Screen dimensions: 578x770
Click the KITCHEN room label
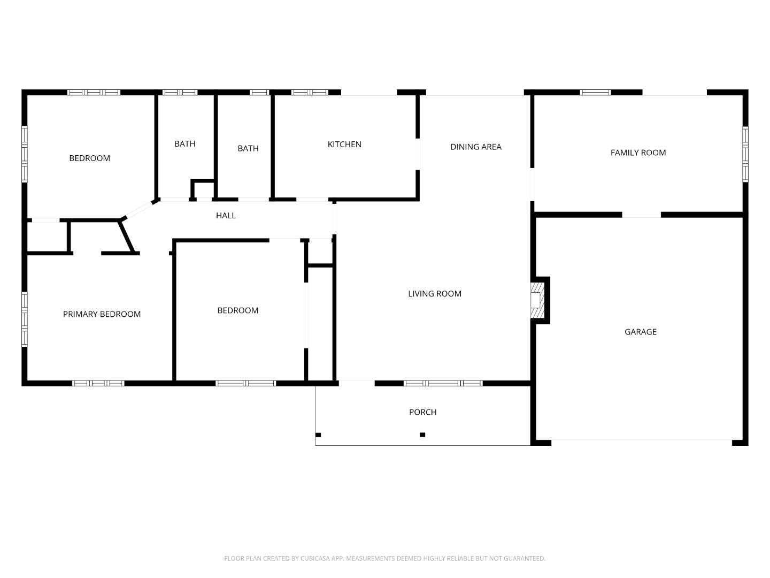click(x=344, y=144)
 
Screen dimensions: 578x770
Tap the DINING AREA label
click(x=475, y=147)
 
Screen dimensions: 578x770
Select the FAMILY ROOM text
click(x=638, y=153)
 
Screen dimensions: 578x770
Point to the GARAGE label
click(x=640, y=332)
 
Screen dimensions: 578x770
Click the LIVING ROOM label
click(x=434, y=294)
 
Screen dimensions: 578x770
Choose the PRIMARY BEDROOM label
click(x=102, y=314)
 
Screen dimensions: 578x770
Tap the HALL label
click(x=226, y=216)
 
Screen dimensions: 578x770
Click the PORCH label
click(x=422, y=412)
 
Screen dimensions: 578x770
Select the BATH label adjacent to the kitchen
click(x=248, y=148)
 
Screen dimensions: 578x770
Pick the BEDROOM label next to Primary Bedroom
click(x=237, y=310)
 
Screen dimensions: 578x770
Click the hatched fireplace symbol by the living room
click(x=536, y=300)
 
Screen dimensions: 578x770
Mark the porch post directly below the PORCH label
click(x=422, y=435)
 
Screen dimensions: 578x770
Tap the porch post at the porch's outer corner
click(x=318, y=435)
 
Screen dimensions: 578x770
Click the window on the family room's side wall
click(x=745, y=154)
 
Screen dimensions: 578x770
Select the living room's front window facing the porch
click(x=443, y=383)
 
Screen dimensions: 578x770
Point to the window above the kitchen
click(x=310, y=93)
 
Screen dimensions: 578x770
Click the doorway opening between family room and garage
click(x=641, y=215)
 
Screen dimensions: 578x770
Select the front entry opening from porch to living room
click(x=357, y=383)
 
